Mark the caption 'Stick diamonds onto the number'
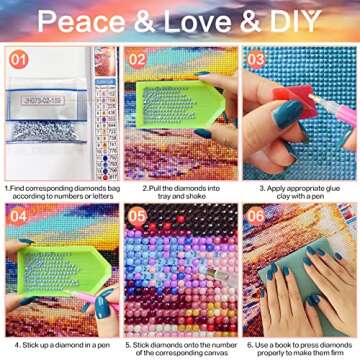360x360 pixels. point(178,350)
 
